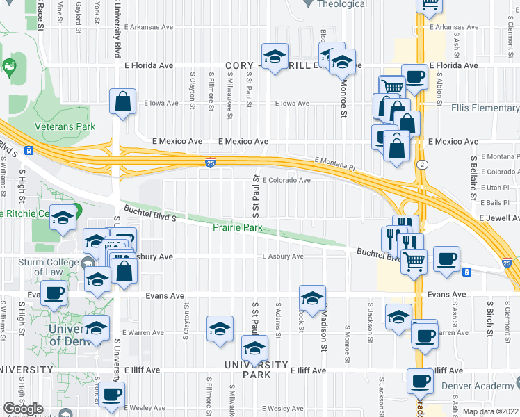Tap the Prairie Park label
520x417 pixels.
click(237, 227)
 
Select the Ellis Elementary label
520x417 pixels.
click(485, 108)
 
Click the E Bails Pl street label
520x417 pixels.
click(498, 202)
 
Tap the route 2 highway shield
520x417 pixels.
click(421, 164)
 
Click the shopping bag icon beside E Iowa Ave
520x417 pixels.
click(122, 101)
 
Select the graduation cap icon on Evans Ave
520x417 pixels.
click(312, 297)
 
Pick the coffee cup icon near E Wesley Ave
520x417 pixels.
click(111, 394)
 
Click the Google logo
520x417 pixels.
click(22, 409)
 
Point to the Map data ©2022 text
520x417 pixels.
click(490, 411)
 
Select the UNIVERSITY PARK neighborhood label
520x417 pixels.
click(255, 370)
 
